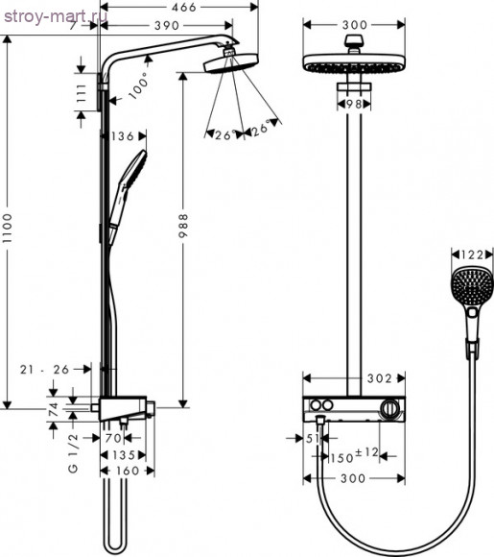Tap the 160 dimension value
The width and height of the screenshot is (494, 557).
click(x=126, y=472)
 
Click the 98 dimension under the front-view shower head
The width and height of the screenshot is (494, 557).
click(x=352, y=102)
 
